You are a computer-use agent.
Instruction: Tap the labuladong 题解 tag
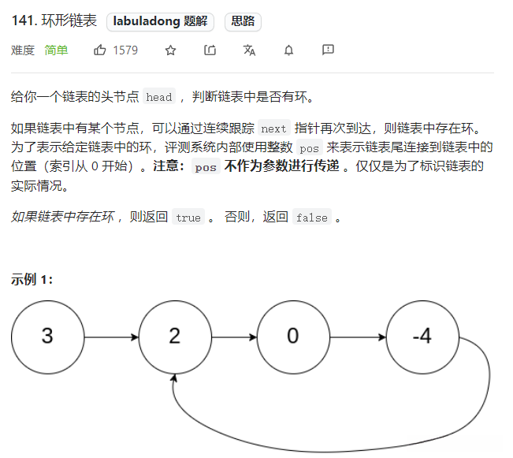162,22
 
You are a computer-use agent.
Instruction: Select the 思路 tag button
243,22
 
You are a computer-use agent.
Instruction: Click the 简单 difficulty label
56,50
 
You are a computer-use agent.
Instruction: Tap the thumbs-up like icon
100,50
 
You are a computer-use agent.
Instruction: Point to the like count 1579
125,50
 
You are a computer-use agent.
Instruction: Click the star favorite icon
170,50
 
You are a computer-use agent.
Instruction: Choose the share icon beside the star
210,50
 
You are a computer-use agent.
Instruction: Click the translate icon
250,50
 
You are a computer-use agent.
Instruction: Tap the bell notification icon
288,50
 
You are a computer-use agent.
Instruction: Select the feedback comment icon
328,50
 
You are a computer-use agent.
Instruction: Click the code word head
159,98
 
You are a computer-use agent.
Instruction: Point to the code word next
273,128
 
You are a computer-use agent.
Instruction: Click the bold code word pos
206,167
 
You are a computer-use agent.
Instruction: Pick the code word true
188,218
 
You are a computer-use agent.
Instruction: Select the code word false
311,218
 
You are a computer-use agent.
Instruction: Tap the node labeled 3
47,337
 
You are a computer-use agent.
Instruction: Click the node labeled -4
422,337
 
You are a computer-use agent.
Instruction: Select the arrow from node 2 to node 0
233,337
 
